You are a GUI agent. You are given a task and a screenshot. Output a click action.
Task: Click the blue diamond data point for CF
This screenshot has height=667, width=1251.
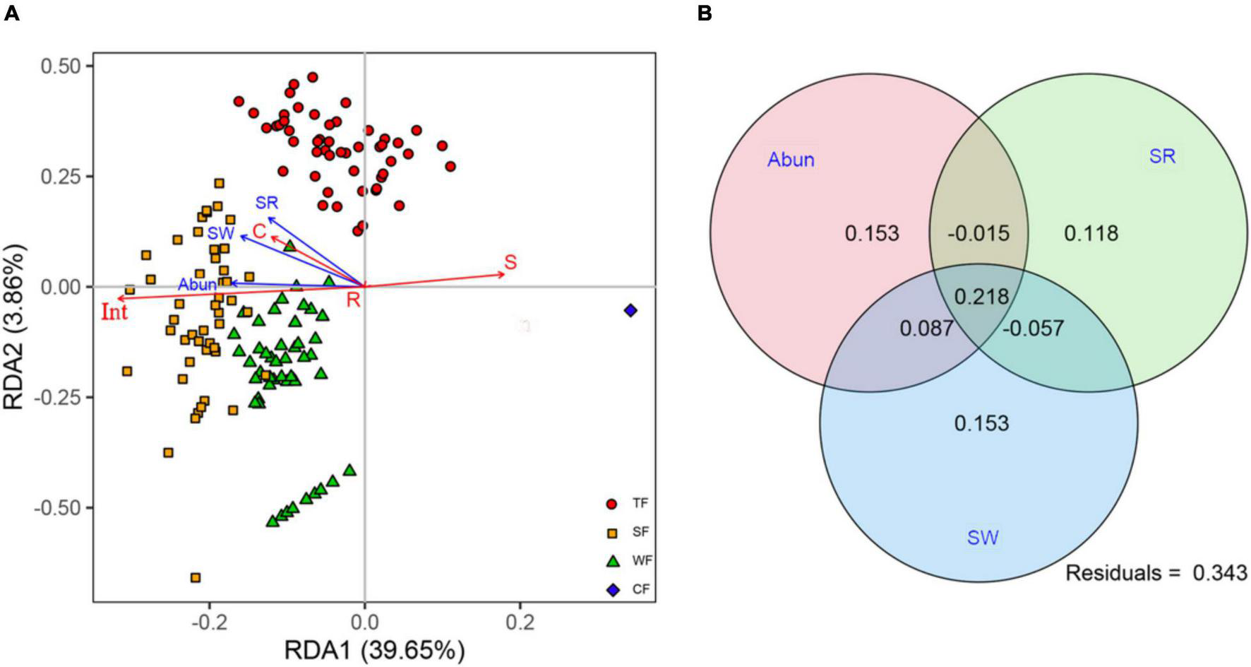click(x=630, y=310)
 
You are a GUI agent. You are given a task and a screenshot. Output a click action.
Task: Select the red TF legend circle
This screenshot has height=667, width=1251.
click(x=612, y=504)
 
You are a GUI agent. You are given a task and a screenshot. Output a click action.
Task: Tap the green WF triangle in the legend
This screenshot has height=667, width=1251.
click(x=612, y=561)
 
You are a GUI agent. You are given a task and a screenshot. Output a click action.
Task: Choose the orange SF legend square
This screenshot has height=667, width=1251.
click(x=612, y=532)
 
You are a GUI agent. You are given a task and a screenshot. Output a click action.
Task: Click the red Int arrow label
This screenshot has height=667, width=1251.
click(x=114, y=312)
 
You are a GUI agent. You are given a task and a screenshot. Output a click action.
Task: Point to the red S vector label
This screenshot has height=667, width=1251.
click(x=510, y=262)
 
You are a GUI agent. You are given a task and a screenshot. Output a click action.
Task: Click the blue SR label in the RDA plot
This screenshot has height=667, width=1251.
click(x=267, y=203)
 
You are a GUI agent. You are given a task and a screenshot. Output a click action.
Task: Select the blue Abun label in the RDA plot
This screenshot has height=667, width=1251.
click(x=197, y=284)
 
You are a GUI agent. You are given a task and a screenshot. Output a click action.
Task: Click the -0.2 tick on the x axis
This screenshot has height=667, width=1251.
click(x=209, y=625)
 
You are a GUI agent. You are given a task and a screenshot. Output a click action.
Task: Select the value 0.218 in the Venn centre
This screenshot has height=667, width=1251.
click(x=981, y=296)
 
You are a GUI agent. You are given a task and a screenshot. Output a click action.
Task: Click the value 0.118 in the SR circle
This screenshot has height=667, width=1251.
click(x=1091, y=233)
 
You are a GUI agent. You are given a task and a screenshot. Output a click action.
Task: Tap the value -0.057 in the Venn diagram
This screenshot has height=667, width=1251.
click(x=1033, y=329)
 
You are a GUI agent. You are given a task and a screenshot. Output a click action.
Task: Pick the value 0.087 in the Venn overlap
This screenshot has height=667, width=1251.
click(x=926, y=329)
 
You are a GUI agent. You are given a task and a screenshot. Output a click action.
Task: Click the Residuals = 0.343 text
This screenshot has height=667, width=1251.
click(x=1156, y=573)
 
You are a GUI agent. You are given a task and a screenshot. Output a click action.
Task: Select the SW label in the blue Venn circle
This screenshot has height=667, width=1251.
click(x=982, y=538)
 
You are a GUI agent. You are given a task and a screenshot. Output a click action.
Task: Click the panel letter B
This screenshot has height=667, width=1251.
click(x=704, y=13)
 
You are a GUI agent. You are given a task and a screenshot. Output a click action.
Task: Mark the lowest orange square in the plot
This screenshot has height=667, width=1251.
click(x=196, y=577)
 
